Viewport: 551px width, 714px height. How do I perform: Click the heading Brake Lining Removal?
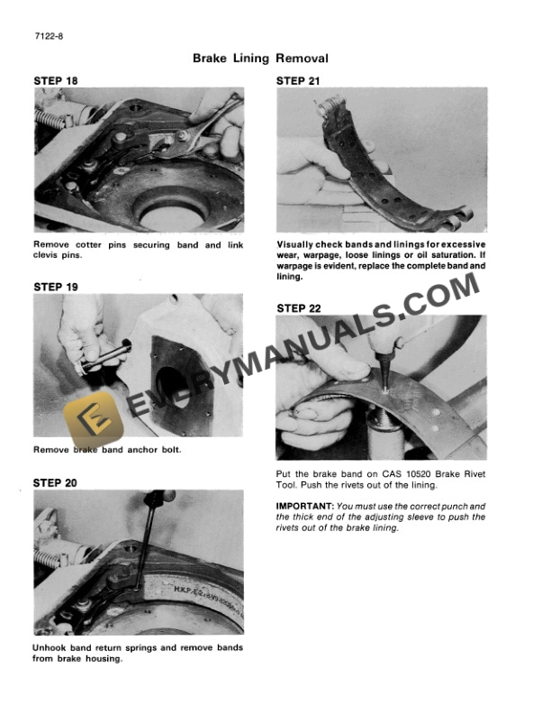[260, 59]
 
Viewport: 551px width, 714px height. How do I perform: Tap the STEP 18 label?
[55, 80]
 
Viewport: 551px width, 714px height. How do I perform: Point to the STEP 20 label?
[55, 482]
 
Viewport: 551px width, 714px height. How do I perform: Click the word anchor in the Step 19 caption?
[134, 450]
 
